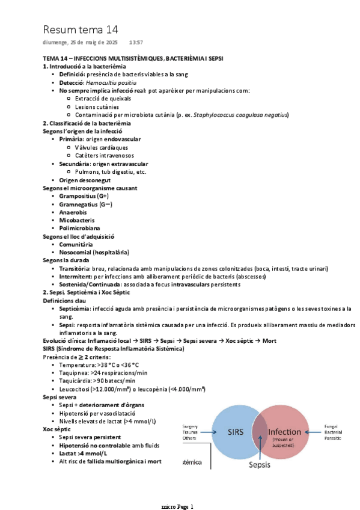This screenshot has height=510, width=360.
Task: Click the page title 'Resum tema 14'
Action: point(80,29)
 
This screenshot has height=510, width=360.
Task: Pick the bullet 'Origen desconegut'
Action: point(84,180)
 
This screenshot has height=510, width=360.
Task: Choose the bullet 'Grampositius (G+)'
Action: point(84,196)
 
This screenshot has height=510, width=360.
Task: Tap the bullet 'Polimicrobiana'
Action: point(79,229)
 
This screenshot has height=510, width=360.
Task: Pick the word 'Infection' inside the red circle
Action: point(285,432)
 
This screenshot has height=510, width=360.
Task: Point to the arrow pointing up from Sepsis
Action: point(260,448)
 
